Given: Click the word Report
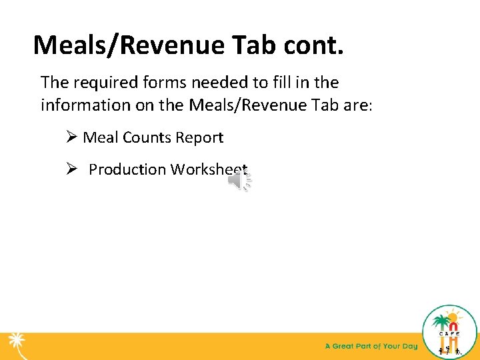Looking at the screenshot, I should point(198,138).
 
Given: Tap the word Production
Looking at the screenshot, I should point(127,169).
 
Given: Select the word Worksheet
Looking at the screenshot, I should point(209,169).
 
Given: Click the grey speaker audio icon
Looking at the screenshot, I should point(239,181).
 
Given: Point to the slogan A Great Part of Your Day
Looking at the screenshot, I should point(371,346).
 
